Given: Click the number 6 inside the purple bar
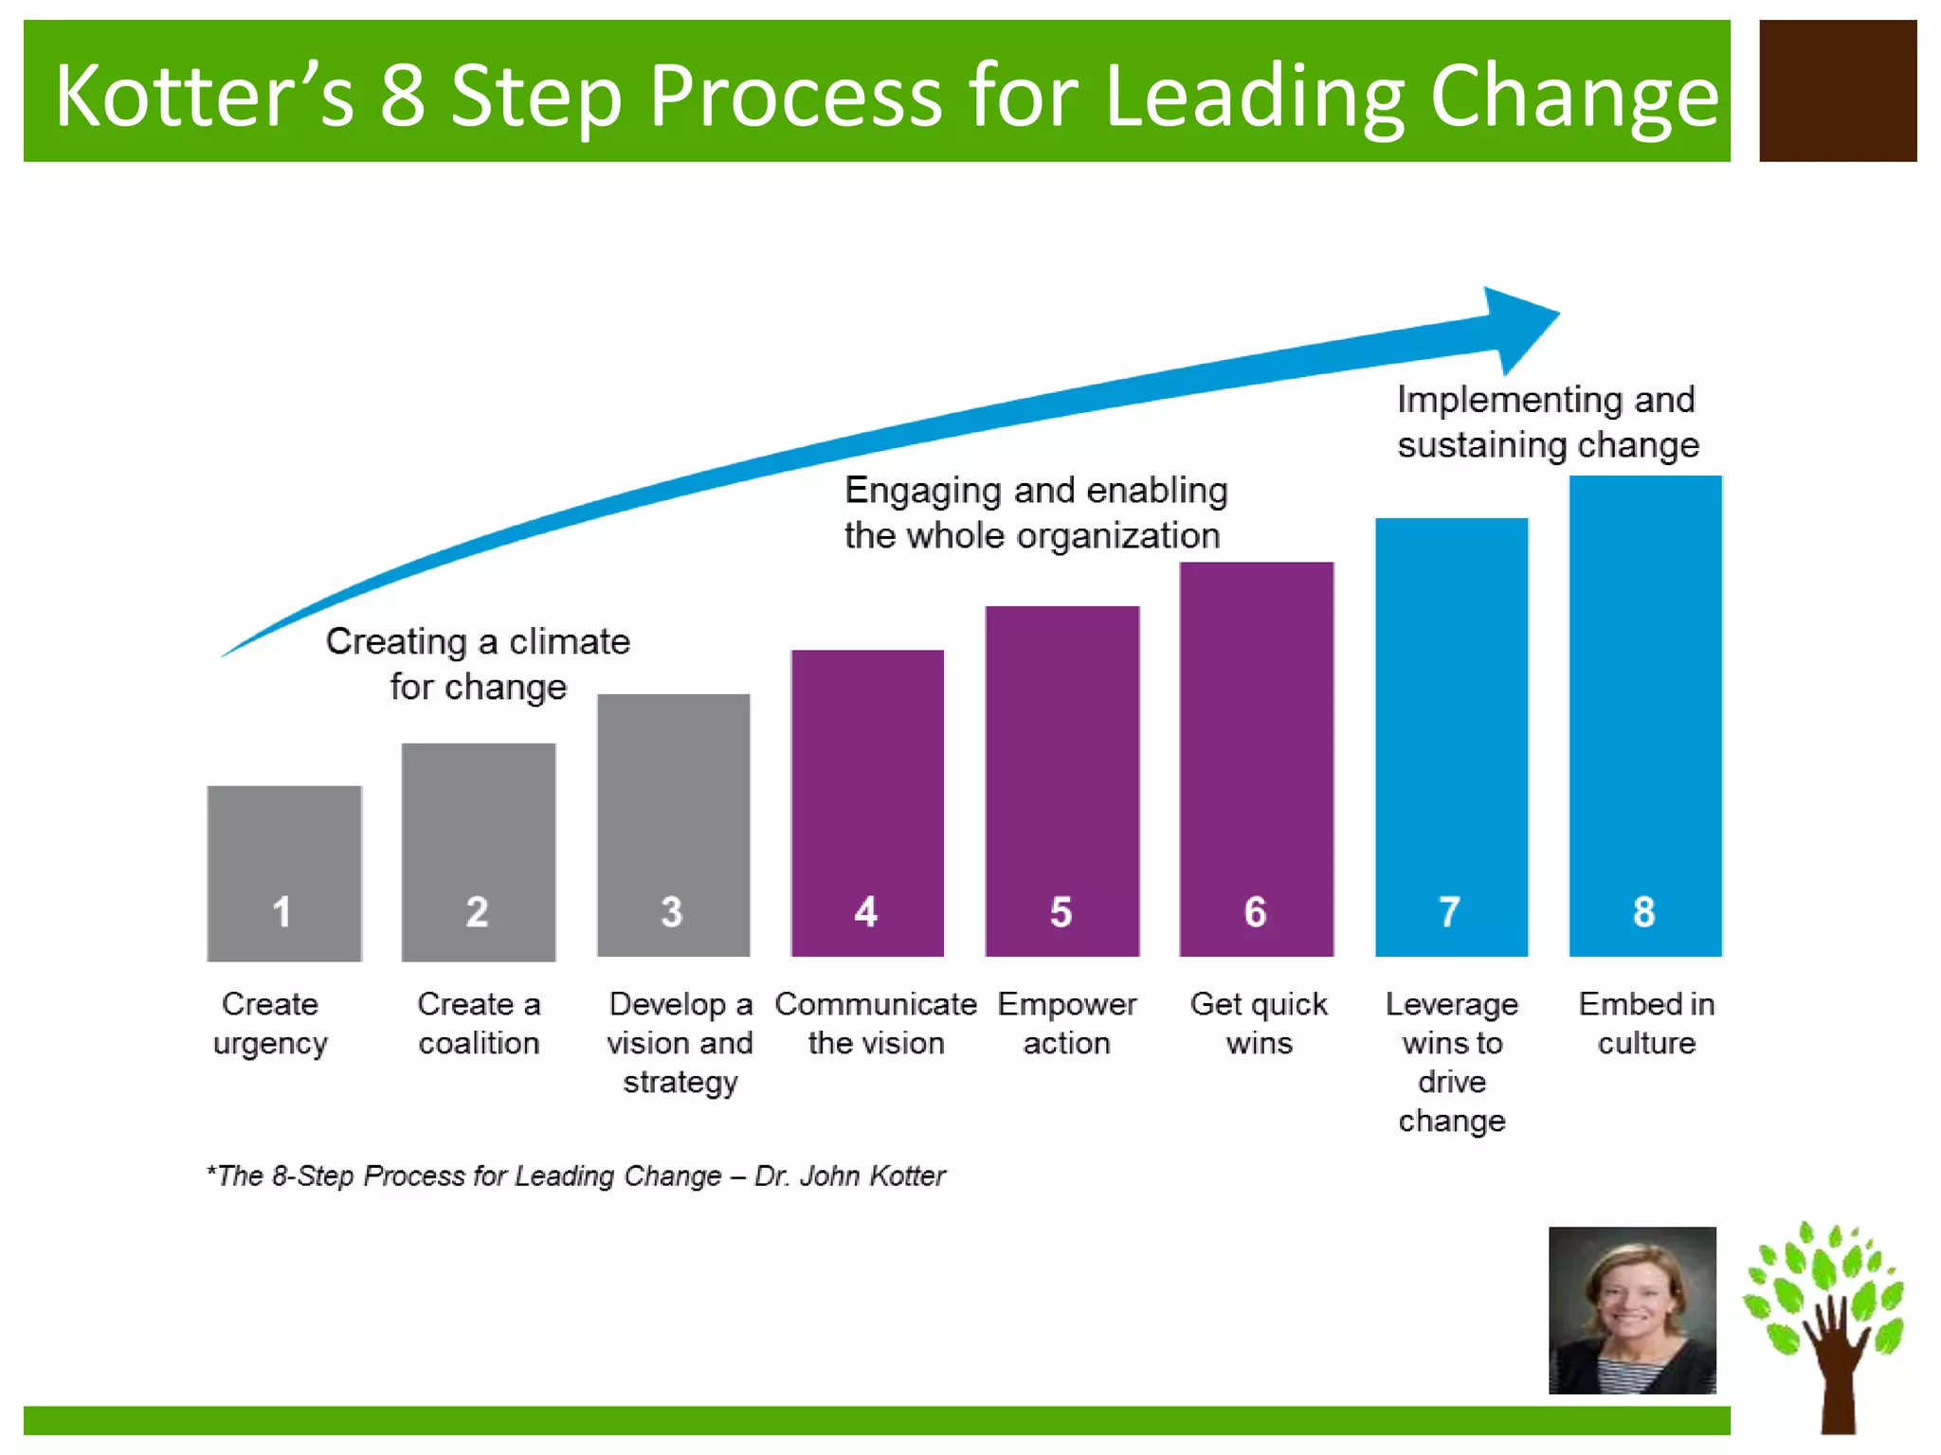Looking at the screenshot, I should click(x=1255, y=912).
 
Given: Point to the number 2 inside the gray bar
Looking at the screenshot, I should click(x=477, y=912).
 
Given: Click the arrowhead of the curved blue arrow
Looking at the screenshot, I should click(x=1516, y=327).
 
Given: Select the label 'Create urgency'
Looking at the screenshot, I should click(x=270, y=1023).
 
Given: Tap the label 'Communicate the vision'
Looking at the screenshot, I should click(x=876, y=1023).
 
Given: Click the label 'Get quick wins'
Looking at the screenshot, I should click(x=1259, y=1023).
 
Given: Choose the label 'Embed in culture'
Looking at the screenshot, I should click(x=1646, y=1023).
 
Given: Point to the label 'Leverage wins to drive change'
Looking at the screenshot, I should click(x=1452, y=1062).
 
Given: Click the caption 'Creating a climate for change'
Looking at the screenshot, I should click(x=478, y=664).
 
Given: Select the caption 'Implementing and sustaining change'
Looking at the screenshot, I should click(x=1547, y=422).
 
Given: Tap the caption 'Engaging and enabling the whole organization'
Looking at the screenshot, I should click(x=1035, y=512).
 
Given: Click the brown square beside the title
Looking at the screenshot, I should click(x=1838, y=91).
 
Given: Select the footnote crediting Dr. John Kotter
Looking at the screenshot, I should click(x=576, y=1176).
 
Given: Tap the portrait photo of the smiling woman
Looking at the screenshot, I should click(x=1632, y=1310).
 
